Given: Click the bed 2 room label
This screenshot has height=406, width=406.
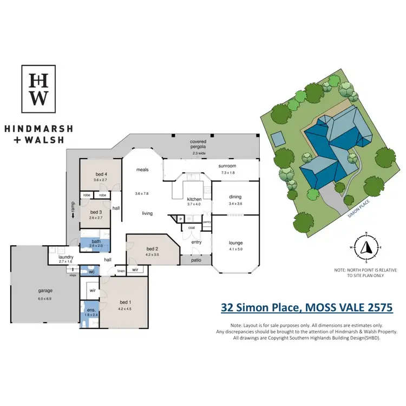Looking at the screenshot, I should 152,249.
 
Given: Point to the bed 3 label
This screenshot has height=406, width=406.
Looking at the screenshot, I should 96,212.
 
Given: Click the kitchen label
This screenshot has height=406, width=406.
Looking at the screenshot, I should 194,199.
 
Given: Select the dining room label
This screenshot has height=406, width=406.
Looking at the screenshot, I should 235,197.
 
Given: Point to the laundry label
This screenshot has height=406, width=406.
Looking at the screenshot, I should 66,258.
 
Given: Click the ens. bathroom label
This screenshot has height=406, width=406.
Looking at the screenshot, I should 90,310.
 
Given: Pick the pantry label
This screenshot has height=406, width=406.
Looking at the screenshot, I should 206,222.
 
